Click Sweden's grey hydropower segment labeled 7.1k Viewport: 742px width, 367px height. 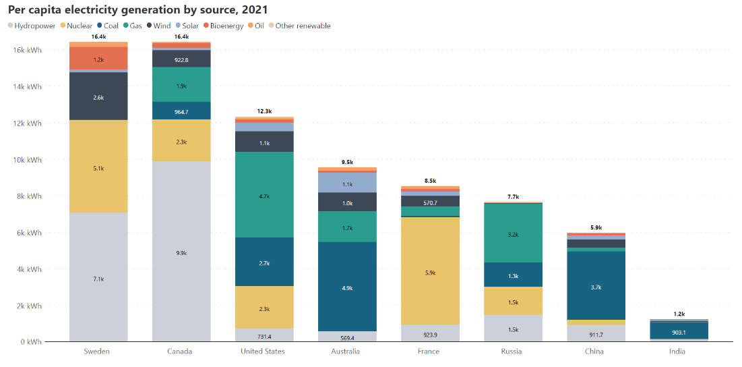tap(98, 277)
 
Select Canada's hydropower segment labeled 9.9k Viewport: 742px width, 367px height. tap(181, 252)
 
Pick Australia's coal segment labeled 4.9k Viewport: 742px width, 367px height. tap(347, 287)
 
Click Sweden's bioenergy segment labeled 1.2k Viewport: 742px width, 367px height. tap(98, 59)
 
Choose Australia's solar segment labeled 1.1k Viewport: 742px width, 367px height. tap(347, 183)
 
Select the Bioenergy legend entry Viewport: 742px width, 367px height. tap(223, 26)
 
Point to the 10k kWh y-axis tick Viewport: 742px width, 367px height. tap(30, 160)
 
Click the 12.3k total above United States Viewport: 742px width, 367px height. tap(264, 111)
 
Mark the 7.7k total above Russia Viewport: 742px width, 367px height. tap(513, 196)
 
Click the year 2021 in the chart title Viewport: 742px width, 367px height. tap(255, 9)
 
